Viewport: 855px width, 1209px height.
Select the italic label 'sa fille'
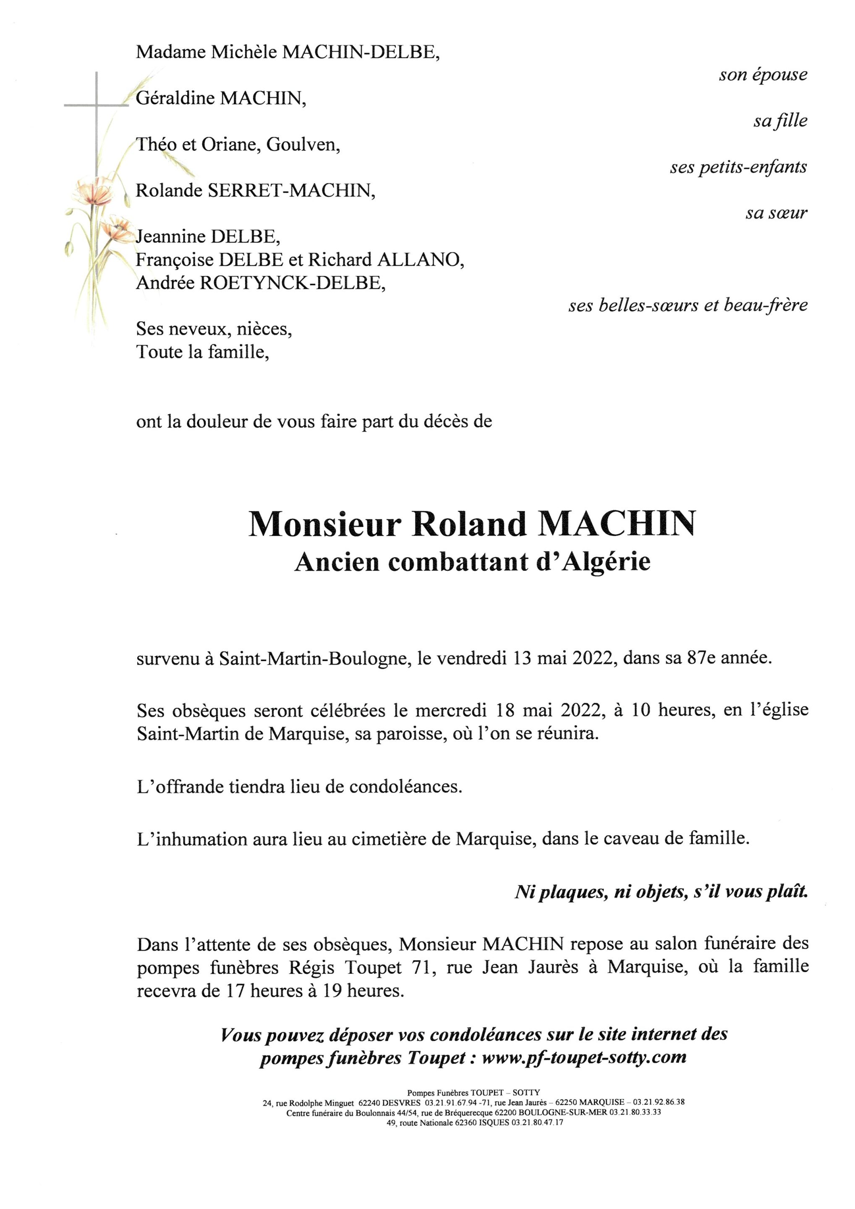point(780,121)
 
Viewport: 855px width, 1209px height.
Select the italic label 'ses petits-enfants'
point(738,167)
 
